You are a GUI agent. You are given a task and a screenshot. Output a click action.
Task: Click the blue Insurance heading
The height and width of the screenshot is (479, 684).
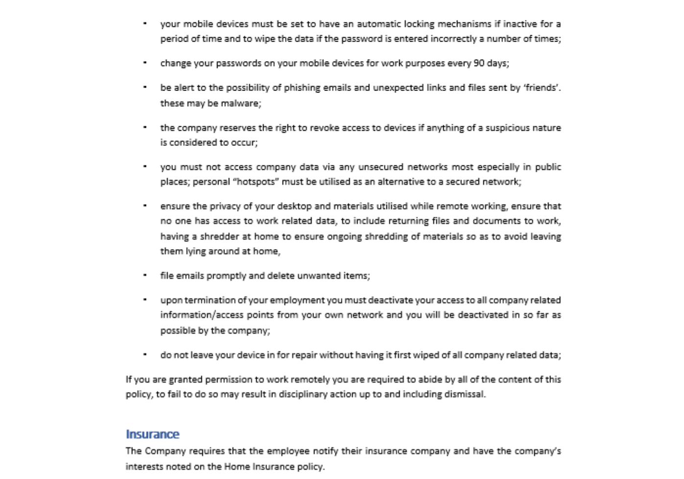coord(152,434)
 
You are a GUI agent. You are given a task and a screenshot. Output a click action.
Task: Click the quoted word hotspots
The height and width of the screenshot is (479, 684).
coord(255,182)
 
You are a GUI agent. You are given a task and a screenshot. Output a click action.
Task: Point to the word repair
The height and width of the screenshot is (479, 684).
coord(305,355)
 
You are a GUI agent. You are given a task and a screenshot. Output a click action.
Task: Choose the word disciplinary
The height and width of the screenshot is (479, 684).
coord(305,394)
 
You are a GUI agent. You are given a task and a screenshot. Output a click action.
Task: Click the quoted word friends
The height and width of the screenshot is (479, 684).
coord(542,88)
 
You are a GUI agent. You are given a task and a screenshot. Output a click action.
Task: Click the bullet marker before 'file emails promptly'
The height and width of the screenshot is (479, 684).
coord(145,275)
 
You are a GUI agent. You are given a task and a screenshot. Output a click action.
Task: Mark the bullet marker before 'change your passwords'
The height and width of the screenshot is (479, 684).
coord(145,63)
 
